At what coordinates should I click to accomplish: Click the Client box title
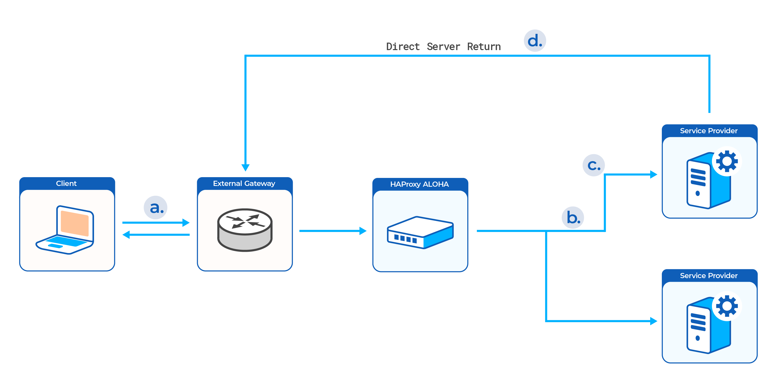(66, 183)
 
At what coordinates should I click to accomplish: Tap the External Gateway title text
(244, 183)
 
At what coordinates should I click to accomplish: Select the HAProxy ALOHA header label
(419, 184)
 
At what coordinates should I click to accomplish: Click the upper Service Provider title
(709, 131)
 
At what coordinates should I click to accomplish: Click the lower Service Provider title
(709, 276)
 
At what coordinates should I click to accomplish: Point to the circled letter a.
(156, 207)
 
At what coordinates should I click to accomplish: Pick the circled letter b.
(573, 217)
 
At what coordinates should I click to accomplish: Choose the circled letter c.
(593, 165)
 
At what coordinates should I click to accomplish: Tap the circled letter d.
(535, 41)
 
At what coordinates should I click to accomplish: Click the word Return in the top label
(484, 47)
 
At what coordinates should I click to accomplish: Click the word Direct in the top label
(403, 47)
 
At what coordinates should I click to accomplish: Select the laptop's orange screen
(75, 223)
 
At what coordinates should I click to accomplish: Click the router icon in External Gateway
(245, 230)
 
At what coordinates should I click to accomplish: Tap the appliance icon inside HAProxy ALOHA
(420, 232)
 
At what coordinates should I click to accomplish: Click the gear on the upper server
(727, 161)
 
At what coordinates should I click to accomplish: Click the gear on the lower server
(727, 306)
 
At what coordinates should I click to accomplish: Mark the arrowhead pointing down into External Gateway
(245, 167)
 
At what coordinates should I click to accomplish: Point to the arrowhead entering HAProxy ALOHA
(363, 231)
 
